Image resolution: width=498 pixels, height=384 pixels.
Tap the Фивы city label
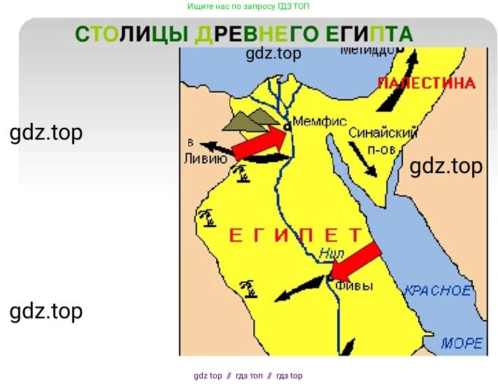(354, 286)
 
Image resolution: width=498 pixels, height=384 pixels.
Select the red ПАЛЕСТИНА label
(426, 83)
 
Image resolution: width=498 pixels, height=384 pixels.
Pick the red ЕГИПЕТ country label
(297, 235)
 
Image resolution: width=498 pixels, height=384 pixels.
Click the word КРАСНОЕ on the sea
(439, 290)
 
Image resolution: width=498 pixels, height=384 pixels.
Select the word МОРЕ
(462, 343)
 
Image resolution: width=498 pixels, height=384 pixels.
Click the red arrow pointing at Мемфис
(259, 142)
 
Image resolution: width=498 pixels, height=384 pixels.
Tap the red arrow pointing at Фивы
(356, 260)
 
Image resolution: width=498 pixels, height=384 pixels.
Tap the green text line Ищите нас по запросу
(248, 6)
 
